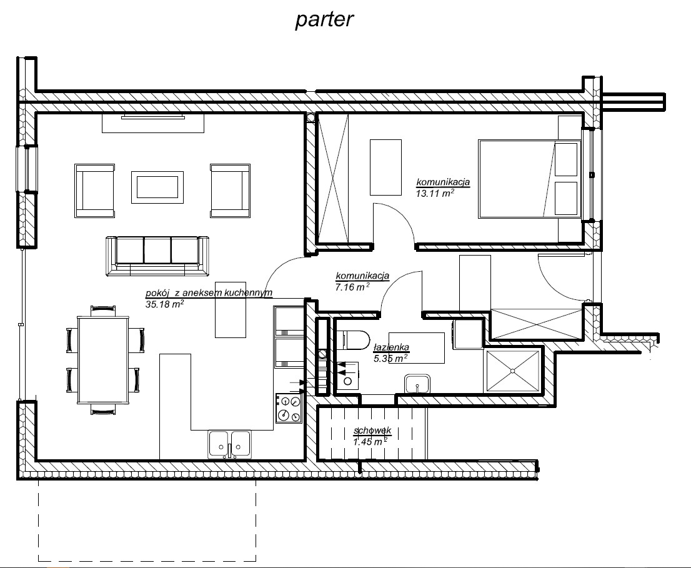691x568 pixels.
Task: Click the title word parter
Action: click(x=324, y=20)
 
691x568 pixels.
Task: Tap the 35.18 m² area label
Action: click(x=164, y=304)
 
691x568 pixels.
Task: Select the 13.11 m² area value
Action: click(x=435, y=193)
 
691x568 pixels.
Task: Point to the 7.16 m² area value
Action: click(x=352, y=287)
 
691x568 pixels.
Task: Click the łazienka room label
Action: click(x=391, y=347)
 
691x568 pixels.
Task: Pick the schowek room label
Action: click(x=372, y=431)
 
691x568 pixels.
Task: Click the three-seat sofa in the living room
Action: click(x=157, y=256)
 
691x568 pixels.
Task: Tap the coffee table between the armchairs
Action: click(x=157, y=187)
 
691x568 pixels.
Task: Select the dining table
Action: click(x=103, y=359)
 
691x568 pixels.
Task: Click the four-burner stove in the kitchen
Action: click(x=289, y=408)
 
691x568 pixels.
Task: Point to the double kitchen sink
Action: click(x=229, y=445)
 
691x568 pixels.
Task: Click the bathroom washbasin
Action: click(x=417, y=384)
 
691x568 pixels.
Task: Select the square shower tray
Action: click(x=512, y=371)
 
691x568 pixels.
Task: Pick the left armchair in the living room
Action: click(x=95, y=191)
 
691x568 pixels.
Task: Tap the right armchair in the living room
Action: click(x=231, y=191)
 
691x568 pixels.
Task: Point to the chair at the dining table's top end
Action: click(x=103, y=311)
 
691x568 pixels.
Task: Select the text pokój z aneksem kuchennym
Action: click(x=209, y=293)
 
